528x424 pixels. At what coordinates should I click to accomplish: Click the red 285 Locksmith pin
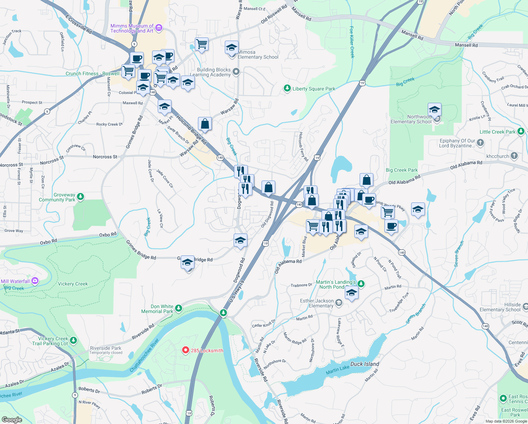coord(185,350)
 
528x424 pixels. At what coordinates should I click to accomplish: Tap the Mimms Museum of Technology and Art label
coord(132,28)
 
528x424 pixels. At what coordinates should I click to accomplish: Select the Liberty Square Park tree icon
coord(287,88)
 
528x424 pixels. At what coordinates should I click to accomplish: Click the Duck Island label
coord(365,364)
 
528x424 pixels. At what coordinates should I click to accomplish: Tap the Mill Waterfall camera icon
coord(35,281)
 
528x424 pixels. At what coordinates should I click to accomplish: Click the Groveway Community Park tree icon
coord(80,196)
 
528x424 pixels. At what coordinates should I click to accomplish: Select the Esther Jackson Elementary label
coord(317,303)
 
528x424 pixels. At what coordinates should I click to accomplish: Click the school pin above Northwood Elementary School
coord(434,110)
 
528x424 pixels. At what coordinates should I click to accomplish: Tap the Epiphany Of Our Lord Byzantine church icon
coord(480,143)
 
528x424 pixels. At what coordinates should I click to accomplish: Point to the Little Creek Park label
coord(497,132)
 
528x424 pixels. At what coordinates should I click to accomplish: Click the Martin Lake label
coord(337,369)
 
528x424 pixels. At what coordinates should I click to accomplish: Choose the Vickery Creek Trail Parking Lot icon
coord(73,340)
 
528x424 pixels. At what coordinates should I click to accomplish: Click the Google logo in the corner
coord(12,419)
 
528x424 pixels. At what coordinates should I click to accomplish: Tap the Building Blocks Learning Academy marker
coord(236,72)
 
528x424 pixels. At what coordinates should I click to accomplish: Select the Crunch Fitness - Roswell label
coord(92,73)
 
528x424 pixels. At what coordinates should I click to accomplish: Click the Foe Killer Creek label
coord(352,42)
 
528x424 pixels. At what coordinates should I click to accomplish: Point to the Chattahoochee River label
coord(144,355)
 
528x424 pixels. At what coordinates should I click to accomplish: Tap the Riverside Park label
coord(106,348)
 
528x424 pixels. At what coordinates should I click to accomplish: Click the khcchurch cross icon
coord(514,155)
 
